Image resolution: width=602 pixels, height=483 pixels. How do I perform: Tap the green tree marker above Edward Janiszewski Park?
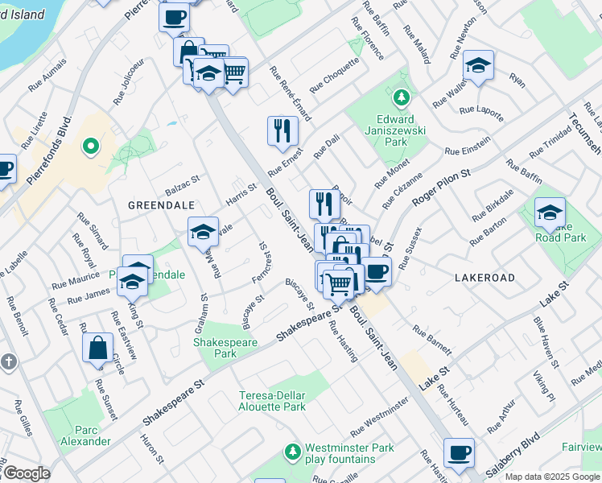401,98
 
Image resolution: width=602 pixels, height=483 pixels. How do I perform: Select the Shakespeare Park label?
215,348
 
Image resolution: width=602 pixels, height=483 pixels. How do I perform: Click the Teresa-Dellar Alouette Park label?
273,401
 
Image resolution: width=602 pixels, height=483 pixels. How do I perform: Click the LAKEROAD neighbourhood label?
484,277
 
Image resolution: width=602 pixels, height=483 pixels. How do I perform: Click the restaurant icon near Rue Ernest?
281,130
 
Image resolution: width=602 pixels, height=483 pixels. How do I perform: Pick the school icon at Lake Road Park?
550,212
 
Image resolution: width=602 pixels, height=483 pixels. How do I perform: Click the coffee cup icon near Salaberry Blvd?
459,452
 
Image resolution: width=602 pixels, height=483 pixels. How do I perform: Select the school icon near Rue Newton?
478,65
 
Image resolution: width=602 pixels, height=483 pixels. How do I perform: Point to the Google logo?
26,473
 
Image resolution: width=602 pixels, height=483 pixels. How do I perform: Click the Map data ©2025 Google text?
553,477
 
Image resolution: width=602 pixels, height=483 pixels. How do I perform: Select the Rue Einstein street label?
467,151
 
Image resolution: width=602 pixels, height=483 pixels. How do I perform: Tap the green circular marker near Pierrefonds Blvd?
91,147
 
